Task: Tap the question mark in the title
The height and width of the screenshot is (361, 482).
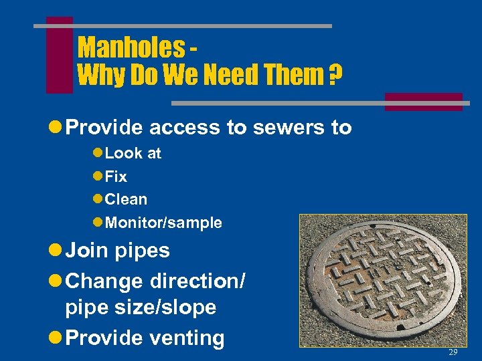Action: [332, 76]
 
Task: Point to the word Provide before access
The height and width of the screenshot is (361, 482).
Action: [107, 128]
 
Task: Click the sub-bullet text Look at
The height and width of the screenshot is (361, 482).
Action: [133, 153]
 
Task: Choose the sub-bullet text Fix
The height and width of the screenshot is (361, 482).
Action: [116, 176]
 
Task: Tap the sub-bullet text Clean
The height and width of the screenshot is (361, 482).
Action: [126, 199]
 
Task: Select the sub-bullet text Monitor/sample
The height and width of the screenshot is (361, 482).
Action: [163, 223]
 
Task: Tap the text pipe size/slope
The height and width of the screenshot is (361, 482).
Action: [141, 308]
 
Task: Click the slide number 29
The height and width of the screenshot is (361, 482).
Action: [453, 352]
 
